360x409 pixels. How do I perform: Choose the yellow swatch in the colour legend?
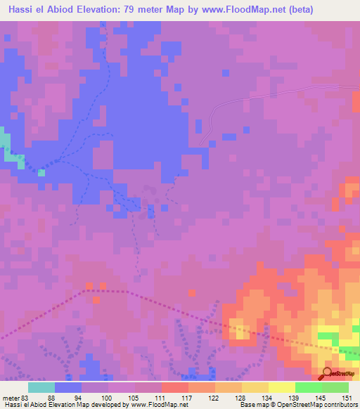(281, 387)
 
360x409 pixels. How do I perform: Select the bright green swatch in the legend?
(308, 387)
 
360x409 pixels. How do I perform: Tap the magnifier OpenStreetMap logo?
(326, 374)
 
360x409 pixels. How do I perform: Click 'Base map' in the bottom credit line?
(252, 405)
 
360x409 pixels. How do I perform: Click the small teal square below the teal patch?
(41, 172)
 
